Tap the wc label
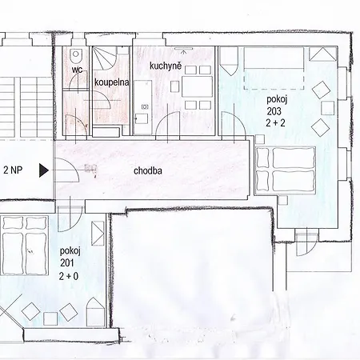tap(77, 70)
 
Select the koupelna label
tap(111, 82)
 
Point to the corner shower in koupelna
tap(105, 58)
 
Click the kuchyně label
tap(166, 66)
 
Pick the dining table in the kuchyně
tap(197, 86)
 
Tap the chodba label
tap(148, 170)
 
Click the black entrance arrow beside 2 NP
tap(44, 170)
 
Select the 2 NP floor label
tap(13, 170)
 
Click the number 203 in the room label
tap(274, 111)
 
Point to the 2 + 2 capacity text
tap(275, 122)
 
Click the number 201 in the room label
tap(67, 263)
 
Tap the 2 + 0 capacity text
tap(69, 276)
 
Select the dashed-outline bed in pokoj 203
tap(274, 69)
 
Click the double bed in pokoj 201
tap(25, 246)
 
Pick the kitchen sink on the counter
tap(145, 106)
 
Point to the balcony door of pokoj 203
tap(307, 244)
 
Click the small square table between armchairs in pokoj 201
tap(50, 318)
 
